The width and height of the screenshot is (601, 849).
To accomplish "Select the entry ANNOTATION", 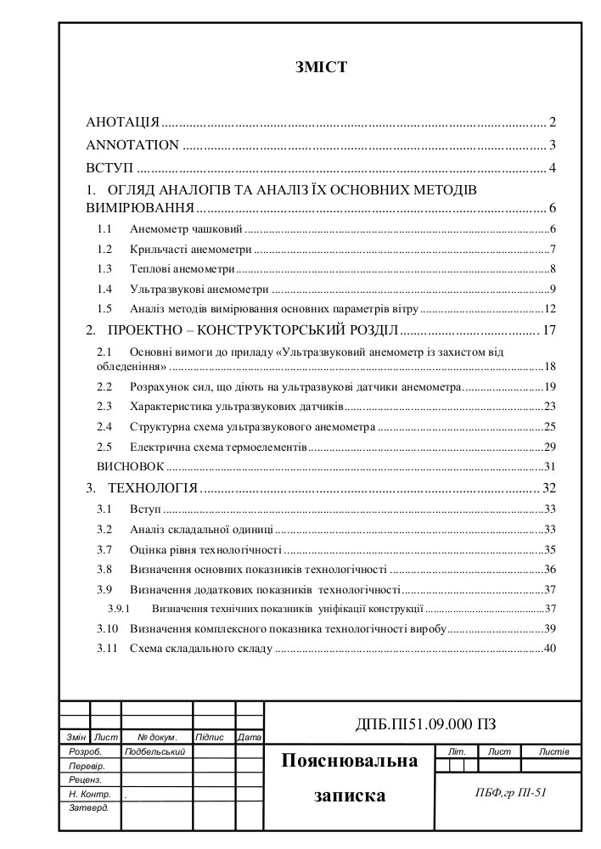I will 132,144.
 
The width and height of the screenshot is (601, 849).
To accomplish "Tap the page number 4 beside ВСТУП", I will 552,166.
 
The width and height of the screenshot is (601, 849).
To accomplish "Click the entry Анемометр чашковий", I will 187,229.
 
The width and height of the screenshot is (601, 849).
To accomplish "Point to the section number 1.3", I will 104,269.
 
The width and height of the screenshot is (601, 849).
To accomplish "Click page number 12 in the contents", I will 549,309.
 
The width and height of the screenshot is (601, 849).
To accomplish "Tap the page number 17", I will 549,330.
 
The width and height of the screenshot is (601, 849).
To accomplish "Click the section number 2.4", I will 104,426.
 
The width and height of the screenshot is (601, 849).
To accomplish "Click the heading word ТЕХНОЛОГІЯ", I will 153,488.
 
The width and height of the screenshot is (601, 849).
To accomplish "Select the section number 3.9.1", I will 118,609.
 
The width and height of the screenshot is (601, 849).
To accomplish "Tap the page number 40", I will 549,649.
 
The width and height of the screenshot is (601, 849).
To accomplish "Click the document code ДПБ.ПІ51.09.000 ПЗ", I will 424,724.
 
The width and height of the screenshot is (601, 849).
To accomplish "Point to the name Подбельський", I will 154,752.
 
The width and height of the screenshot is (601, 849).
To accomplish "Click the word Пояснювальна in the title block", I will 350,761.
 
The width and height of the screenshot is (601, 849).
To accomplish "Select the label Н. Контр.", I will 89,794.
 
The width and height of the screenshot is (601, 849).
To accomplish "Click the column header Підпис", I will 209,737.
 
